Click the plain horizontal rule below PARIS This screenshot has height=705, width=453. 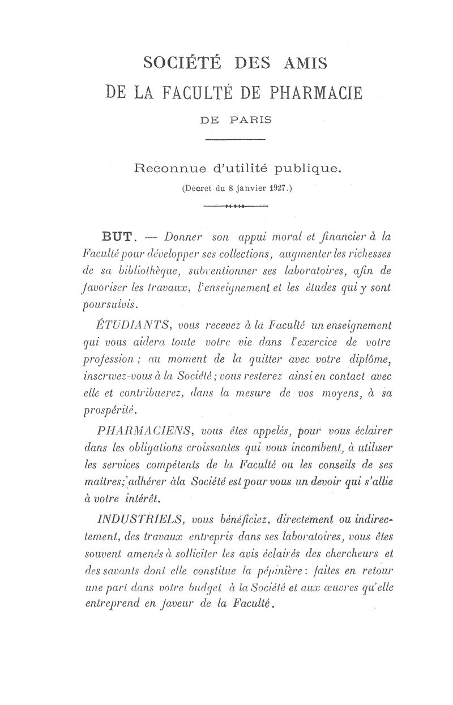[x=234, y=139]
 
